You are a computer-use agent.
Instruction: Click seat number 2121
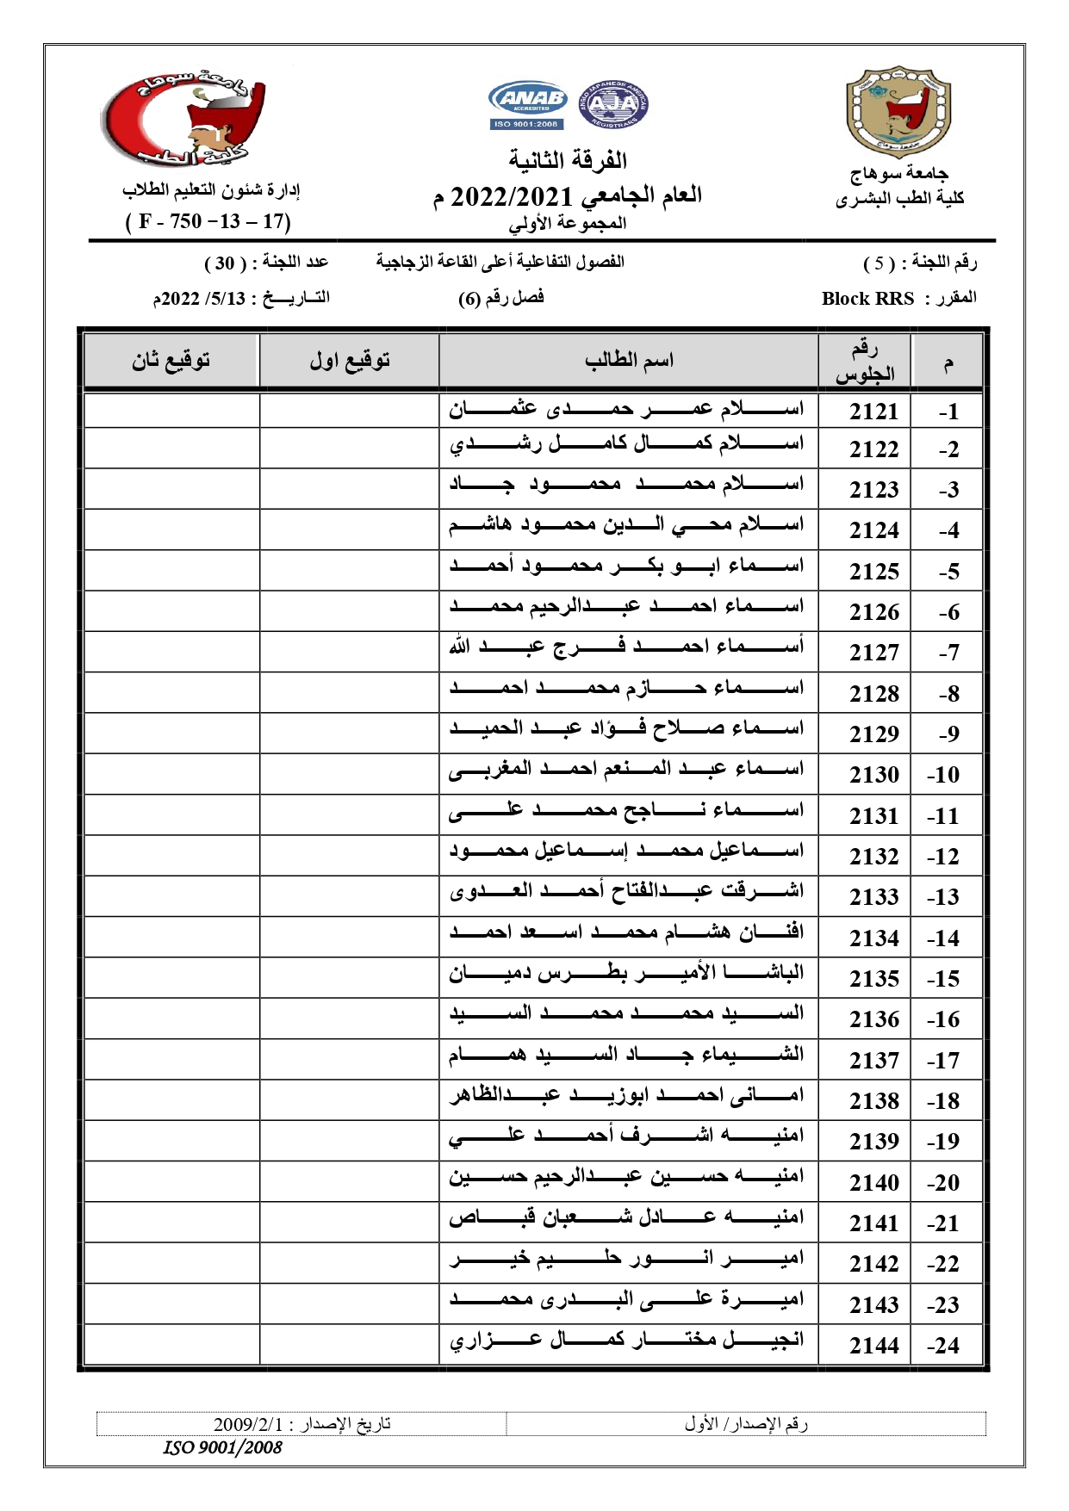click(873, 412)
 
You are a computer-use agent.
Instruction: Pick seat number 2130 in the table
click(873, 775)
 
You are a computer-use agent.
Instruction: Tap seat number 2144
click(873, 1345)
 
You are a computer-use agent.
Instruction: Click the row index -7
click(948, 653)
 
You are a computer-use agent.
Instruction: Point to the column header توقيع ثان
click(171, 360)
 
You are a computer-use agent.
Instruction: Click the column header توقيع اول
click(350, 360)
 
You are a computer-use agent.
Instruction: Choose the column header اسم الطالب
click(629, 360)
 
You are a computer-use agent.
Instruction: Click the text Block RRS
click(867, 299)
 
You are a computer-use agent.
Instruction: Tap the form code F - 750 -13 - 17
click(208, 221)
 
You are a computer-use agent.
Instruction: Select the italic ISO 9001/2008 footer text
click(222, 1448)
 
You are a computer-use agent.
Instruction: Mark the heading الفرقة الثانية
click(568, 160)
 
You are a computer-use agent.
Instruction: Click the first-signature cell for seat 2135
click(350, 978)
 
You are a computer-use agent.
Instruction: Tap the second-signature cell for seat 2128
click(171, 692)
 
